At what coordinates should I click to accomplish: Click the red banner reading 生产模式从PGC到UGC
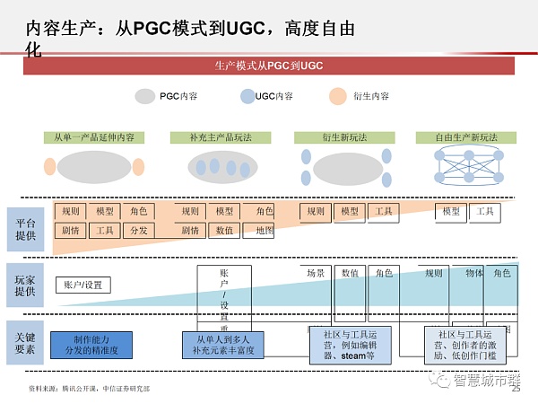(268, 66)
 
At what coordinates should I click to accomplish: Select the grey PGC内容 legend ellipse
(145, 96)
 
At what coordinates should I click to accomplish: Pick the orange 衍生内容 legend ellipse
(337, 96)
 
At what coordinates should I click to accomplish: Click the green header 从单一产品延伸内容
(93, 137)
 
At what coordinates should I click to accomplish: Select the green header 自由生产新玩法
(466, 137)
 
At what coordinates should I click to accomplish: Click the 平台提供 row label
(26, 224)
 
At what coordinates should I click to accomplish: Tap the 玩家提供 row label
(26, 282)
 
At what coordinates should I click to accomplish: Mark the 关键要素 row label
(26, 342)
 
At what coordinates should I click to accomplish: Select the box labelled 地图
(264, 231)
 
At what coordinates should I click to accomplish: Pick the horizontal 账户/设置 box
(85, 285)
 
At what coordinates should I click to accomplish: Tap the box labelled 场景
(316, 273)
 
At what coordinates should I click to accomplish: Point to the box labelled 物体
(474, 273)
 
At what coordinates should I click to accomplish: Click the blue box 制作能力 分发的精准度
(90, 344)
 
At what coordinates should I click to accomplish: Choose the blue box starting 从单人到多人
(222, 345)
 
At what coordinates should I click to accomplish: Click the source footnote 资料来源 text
(91, 389)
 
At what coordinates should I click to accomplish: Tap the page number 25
(516, 389)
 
